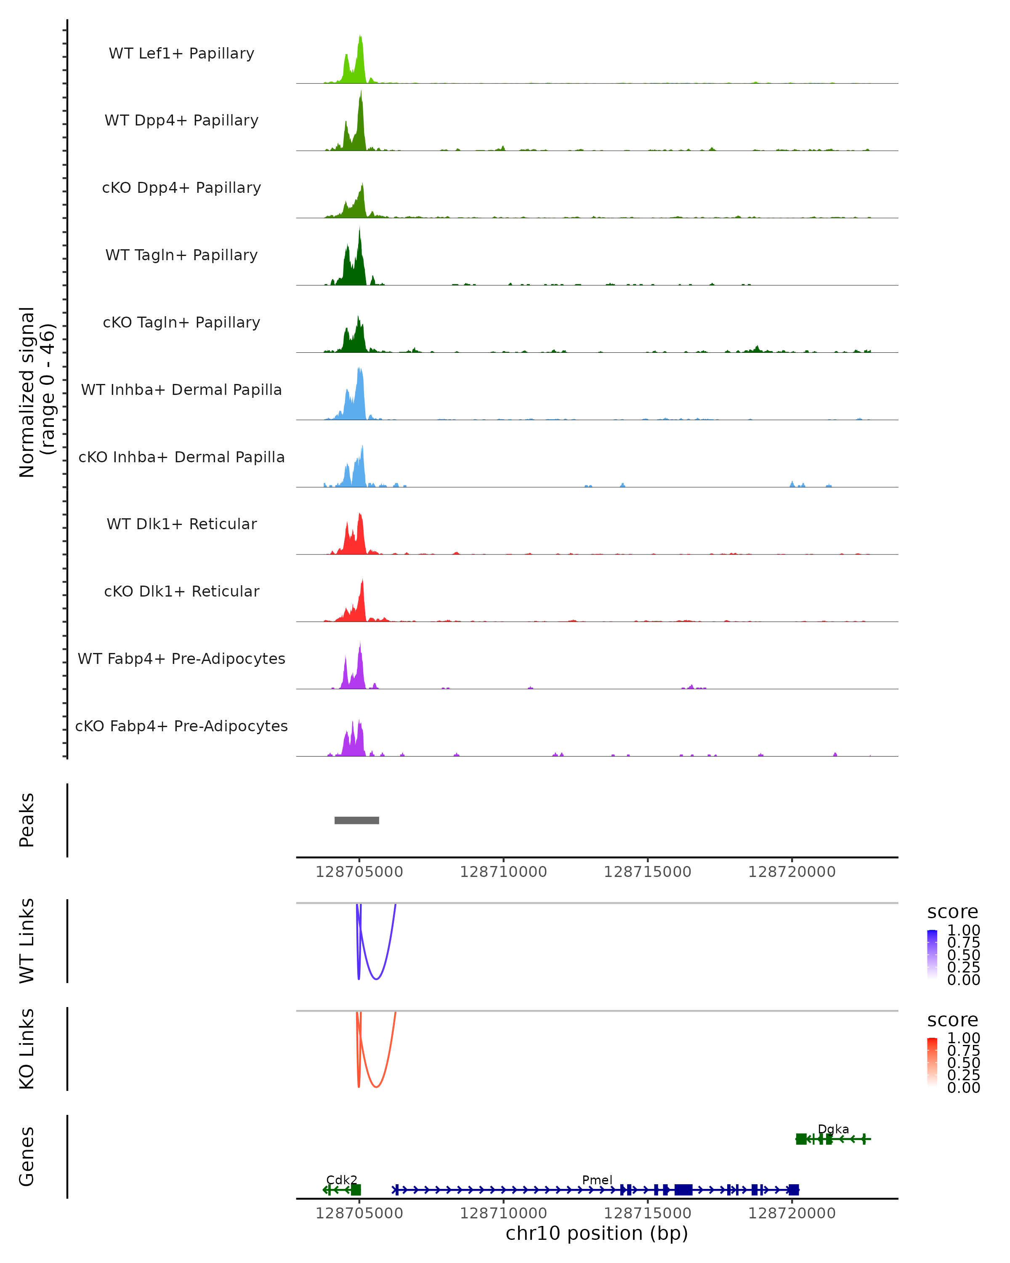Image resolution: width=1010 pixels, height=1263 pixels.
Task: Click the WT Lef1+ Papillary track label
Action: click(181, 53)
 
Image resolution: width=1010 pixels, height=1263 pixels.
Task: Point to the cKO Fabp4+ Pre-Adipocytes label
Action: click(181, 726)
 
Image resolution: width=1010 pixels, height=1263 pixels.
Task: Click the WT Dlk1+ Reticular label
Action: click(181, 524)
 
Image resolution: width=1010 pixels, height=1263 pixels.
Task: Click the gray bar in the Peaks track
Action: click(356, 820)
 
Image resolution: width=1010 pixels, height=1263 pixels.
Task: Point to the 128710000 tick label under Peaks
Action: click(503, 872)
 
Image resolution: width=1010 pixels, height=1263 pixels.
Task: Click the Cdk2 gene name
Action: click(341, 1180)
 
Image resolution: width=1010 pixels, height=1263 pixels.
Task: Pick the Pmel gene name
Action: click(597, 1180)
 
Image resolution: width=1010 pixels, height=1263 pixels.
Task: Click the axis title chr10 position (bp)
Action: click(597, 1233)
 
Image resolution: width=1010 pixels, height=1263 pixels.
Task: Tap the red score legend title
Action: click(952, 1020)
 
